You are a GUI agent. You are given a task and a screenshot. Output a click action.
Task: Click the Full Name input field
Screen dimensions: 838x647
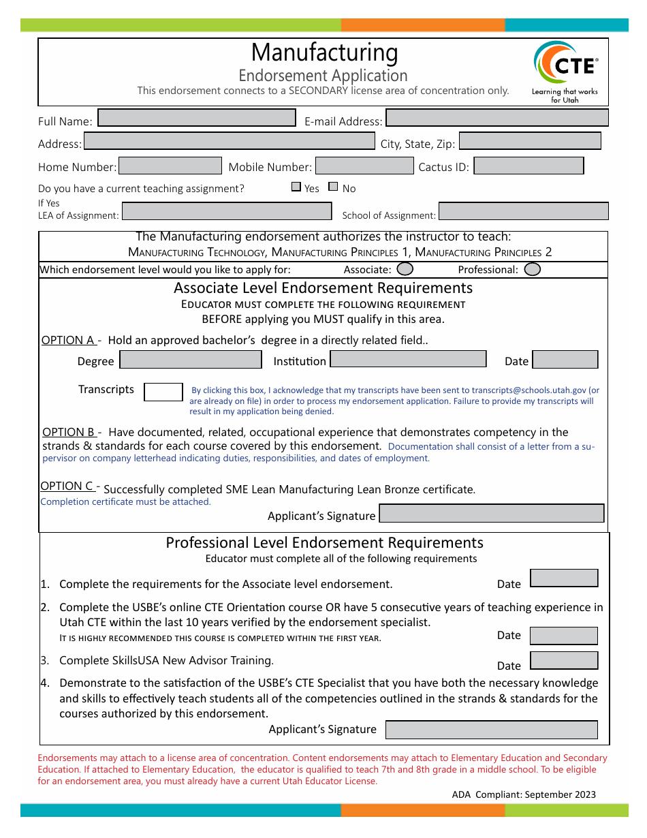(197, 118)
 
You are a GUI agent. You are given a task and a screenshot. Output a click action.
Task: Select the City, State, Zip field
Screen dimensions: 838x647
(530, 141)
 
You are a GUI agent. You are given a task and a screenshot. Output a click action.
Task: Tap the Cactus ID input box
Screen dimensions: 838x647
(528, 166)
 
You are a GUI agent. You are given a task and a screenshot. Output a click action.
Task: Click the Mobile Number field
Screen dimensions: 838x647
(364, 166)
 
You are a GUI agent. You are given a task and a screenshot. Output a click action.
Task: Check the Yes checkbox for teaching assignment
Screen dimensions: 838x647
(296, 187)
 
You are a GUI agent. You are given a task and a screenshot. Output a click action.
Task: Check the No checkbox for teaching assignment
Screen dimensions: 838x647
(333, 187)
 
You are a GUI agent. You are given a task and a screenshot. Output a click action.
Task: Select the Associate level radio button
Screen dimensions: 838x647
(405, 269)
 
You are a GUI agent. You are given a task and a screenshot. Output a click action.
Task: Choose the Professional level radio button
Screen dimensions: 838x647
(533, 269)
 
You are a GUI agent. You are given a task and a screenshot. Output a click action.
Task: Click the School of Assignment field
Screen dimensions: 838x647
(523, 211)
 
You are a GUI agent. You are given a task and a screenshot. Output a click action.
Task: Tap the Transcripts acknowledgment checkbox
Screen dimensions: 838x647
(163, 392)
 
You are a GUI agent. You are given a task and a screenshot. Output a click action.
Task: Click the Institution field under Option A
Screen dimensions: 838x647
(408, 359)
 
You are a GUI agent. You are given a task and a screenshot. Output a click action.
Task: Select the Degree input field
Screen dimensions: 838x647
(191, 359)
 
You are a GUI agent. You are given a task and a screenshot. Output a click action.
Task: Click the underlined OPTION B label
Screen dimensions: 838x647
(69, 432)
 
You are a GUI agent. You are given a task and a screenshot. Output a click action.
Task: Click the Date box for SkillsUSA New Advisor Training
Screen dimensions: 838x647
(563, 660)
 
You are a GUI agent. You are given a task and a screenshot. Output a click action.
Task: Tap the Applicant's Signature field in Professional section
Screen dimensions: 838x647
(491, 730)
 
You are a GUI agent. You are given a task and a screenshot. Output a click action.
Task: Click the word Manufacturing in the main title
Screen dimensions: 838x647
(324, 52)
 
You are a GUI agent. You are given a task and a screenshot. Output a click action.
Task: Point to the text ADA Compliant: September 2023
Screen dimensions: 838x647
(524, 794)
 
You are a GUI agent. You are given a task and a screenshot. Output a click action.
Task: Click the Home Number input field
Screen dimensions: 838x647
(170, 166)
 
